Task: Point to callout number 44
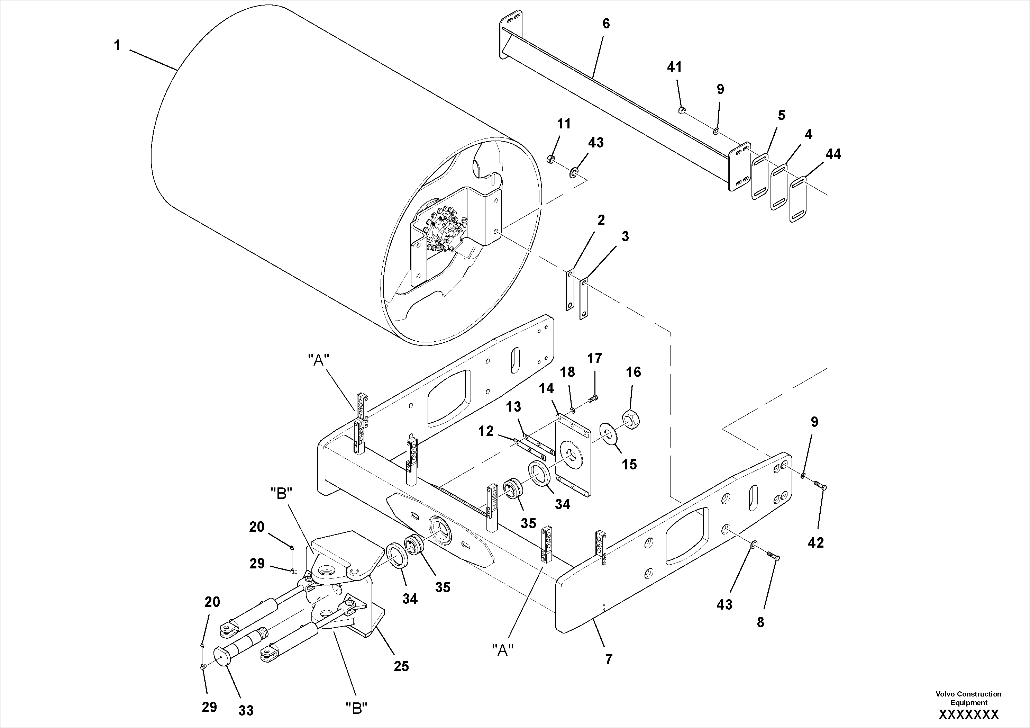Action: click(x=833, y=154)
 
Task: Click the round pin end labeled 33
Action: click(x=223, y=655)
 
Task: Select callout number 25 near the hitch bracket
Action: click(x=401, y=666)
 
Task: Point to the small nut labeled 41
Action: click(x=681, y=110)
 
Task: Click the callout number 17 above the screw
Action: click(x=595, y=358)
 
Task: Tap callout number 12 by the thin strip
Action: click(x=486, y=431)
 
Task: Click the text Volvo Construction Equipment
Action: click(x=968, y=698)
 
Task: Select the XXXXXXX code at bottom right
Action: click(x=968, y=714)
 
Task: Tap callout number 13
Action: click(x=514, y=407)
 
